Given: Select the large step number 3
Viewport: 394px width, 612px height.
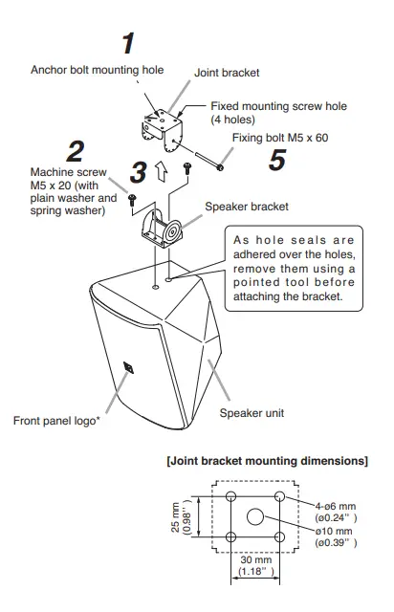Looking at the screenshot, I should pyautogui.click(x=140, y=172).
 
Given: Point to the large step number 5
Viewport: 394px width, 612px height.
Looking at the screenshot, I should pyautogui.click(x=277, y=160).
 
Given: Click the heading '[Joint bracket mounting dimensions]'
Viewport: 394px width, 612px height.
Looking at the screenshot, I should pyautogui.click(x=267, y=462).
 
